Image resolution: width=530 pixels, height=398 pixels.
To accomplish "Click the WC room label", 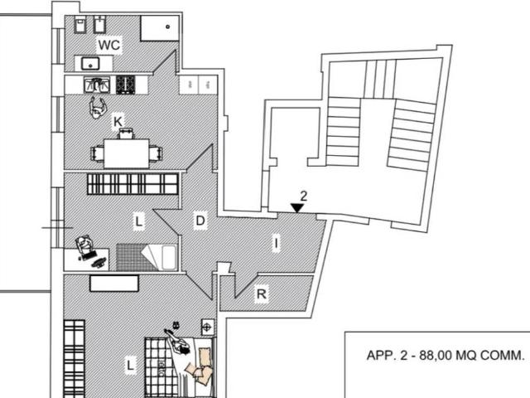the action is tap(108, 45).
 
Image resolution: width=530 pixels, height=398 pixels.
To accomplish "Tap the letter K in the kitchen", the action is tap(118, 122).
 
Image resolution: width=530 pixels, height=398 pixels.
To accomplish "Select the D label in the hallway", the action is tap(200, 221).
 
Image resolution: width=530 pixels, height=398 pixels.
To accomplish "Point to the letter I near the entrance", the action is tap(277, 243).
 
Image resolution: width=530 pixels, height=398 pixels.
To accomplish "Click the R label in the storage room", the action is tap(262, 294).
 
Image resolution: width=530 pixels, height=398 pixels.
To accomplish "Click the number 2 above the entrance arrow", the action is tap(304, 196).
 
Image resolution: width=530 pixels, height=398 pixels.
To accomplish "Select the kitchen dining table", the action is tap(127, 153).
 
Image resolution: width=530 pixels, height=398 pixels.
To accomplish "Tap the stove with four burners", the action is tap(125, 85).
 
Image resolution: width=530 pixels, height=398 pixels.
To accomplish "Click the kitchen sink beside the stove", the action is tap(97, 85).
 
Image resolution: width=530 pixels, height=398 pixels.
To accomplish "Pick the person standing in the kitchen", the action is tap(98, 108).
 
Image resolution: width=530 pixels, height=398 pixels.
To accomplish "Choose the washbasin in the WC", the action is tap(90, 63).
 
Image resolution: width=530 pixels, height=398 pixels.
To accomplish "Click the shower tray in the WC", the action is tap(160, 27).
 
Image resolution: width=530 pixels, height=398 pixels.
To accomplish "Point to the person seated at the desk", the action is tap(84, 245).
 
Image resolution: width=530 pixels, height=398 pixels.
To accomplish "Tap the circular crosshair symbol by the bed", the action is tap(207, 328).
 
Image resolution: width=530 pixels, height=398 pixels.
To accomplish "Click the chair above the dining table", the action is tap(126, 133).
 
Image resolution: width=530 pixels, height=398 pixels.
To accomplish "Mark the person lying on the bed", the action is tap(176, 341).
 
